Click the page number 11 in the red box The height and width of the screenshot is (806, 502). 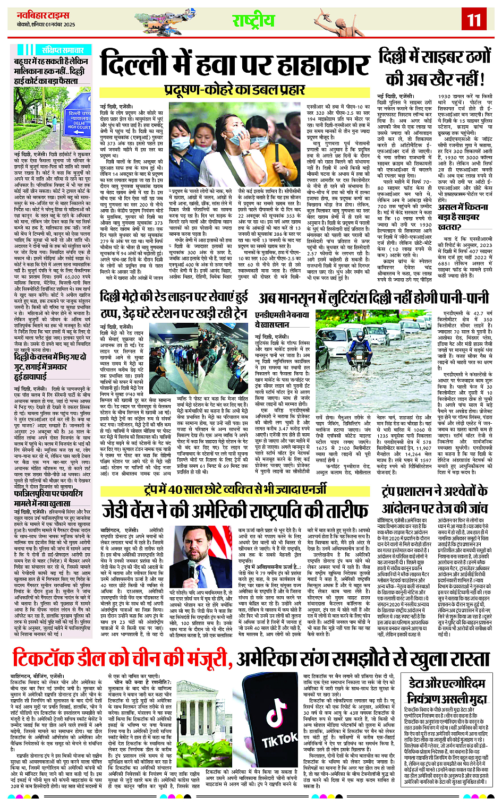click(473, 20)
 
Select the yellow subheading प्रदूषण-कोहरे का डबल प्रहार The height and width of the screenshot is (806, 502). click(234, 88)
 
